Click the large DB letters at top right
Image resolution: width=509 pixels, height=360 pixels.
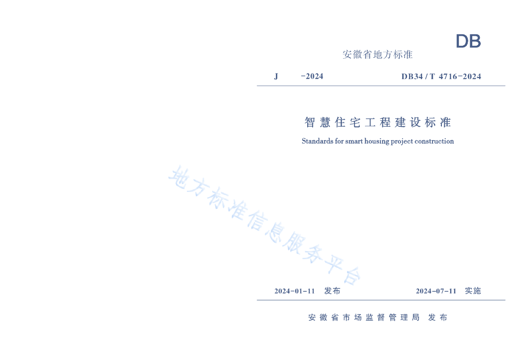(x=468, y=42)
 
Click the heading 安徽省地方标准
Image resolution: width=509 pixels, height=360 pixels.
(x=377, y=55)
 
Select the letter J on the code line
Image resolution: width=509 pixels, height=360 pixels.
(x=276, y=77)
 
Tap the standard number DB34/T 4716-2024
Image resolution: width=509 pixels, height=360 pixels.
(x=441, y=77)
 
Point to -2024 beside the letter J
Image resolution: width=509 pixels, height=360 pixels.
(x=312, y=77)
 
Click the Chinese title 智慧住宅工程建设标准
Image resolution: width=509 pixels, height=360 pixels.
(x=377, y=122)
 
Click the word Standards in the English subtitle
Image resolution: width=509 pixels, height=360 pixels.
(x=317, y=141)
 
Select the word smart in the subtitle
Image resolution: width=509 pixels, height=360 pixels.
(x=354, y=141)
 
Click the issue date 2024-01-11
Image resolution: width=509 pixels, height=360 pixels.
(x=295, y=291)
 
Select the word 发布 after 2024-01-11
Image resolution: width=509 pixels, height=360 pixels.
(x=332, y=291)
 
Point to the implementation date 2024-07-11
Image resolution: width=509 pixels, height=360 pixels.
(x=436, y=291)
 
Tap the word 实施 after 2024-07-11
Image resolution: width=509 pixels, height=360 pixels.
(x=473, y=291)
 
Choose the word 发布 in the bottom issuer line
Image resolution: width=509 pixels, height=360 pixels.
(x=437, y=318)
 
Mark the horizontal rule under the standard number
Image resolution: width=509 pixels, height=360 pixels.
(x=381, y=86)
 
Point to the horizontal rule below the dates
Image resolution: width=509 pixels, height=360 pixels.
(x=381, y=300)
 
